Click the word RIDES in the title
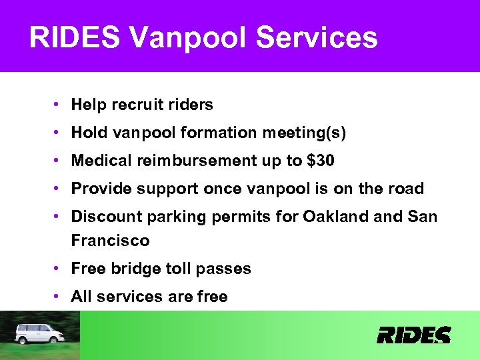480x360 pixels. click(75, 38)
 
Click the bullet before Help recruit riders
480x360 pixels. click(59, 105)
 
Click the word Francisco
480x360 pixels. click(110, 240)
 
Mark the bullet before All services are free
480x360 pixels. click(59, 297)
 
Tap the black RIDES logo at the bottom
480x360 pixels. click(413, 335)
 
